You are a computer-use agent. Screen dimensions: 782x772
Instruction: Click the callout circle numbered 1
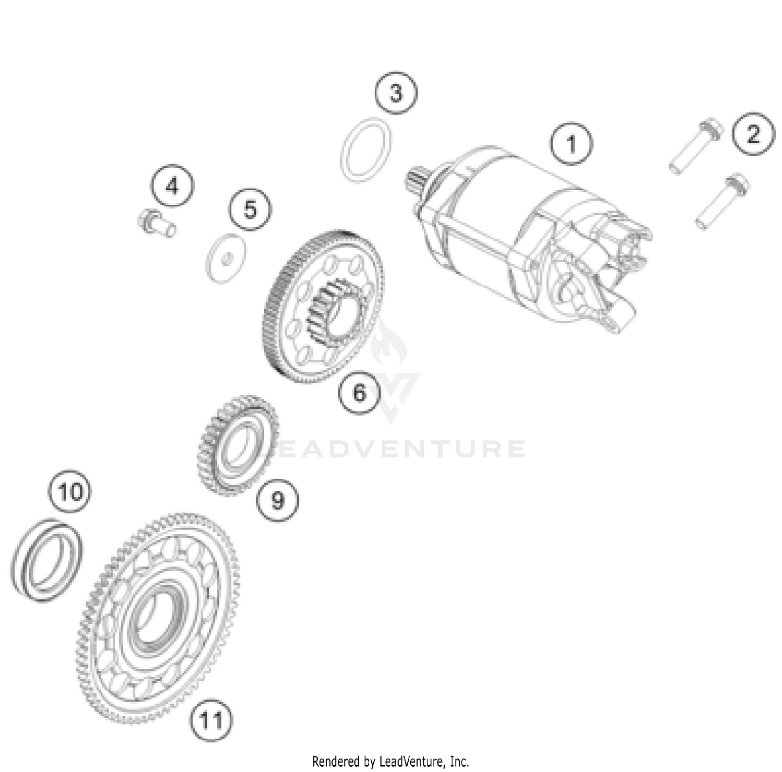point(572,143)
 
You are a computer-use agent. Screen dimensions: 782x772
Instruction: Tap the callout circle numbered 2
point(753,134)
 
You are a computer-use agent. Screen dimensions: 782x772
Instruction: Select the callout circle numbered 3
point(396,93)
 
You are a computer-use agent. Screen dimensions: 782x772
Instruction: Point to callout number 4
point(172,186)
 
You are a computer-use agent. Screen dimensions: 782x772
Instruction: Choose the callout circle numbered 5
point(250,209)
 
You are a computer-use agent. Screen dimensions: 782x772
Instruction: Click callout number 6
point(360,393)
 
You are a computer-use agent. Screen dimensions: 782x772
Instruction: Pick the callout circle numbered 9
point(278,500)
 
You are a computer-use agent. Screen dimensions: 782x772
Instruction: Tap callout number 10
point(70,491)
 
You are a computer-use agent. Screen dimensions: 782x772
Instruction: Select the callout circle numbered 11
point(211,721)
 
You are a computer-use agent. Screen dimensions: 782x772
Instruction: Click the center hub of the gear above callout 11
point(155,618)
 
